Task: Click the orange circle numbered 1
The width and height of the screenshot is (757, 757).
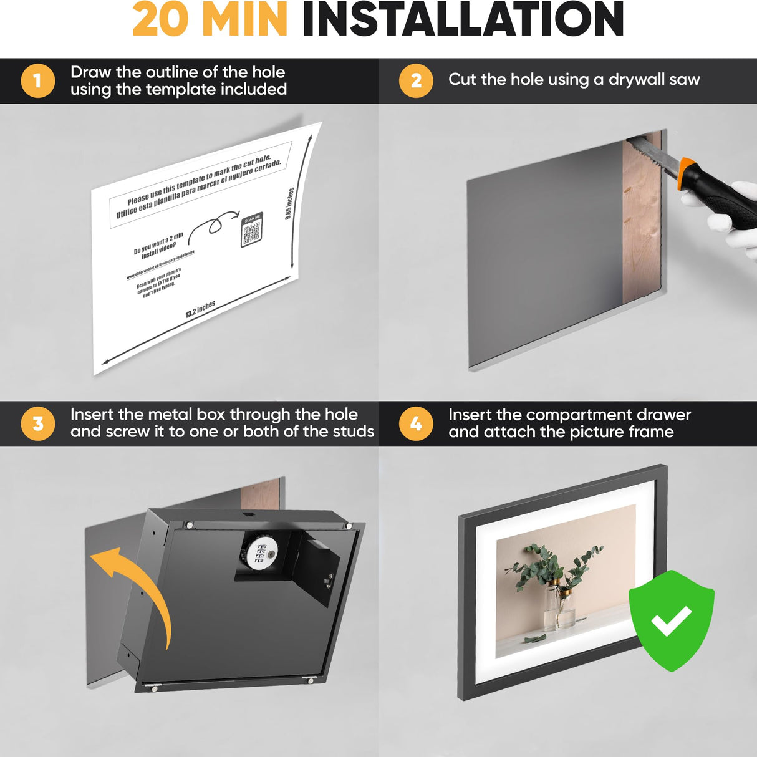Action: pos(37,80)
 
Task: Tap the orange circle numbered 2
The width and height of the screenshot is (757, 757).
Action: pos(416,80)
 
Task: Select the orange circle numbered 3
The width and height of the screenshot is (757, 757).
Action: pos(37,423)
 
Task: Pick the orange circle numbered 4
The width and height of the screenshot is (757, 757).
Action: pos(416,423)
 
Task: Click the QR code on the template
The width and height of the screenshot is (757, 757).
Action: pos(251,231)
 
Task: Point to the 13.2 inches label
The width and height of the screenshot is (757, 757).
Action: pos(200,309)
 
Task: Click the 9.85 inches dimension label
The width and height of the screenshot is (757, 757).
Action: pos(289,203)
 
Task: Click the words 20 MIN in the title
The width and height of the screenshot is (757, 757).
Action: pos(210,20)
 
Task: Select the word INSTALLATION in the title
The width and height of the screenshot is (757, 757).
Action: pos(463,20)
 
